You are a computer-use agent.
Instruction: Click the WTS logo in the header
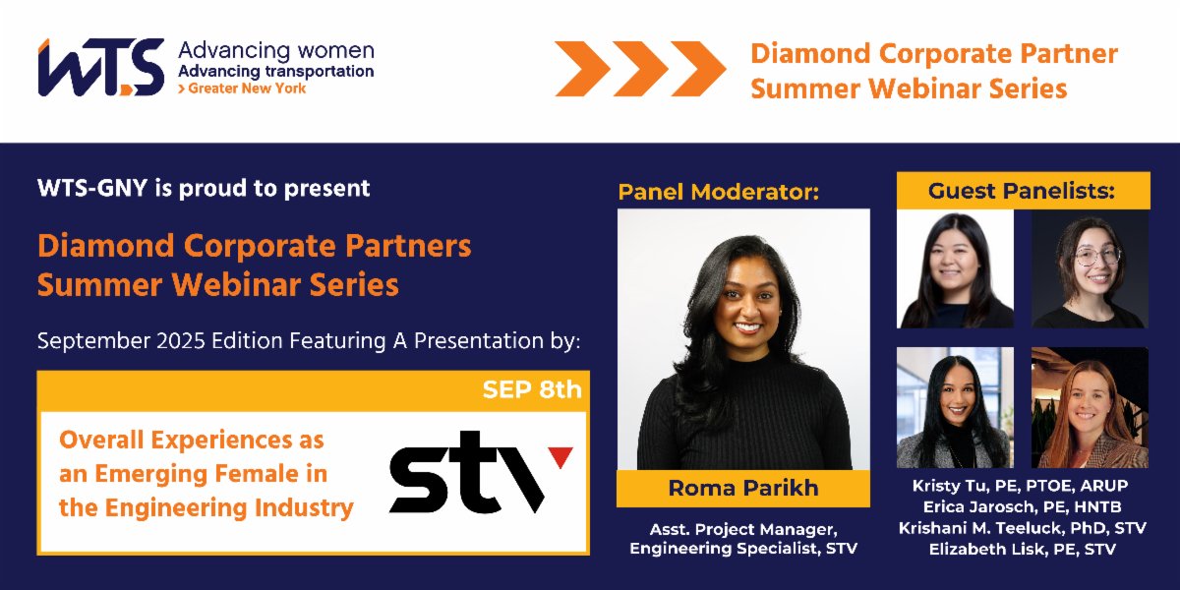(100, 67)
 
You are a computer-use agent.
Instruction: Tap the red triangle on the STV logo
(560, 455)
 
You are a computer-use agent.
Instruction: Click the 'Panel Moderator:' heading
(718, 192)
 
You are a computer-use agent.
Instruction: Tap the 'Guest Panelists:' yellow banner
(1022, 191)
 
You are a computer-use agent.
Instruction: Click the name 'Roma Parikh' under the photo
(742, 488)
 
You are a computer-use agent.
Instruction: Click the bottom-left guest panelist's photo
(954, 407)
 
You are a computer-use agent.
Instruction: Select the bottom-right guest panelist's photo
(1089, 407)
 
